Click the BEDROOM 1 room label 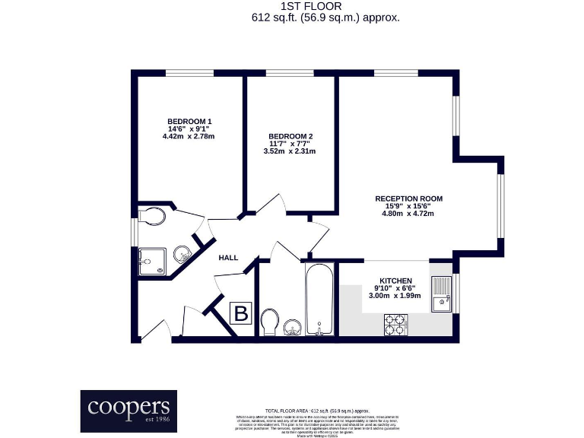coord(189,122)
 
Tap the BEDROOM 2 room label coord(290,137)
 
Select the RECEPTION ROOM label coord(408,198)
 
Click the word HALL coord(228,258)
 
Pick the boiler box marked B coord(241,313)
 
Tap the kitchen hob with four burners coord(395,325)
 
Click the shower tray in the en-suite coord(151,261)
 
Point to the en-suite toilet coord(152,217)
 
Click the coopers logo coord(129,411)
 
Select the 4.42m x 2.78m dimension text coord(189,137)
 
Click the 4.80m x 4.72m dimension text coord(408,214)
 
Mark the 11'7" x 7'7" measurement coord(290,144)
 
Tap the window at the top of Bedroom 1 coord(189,73)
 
